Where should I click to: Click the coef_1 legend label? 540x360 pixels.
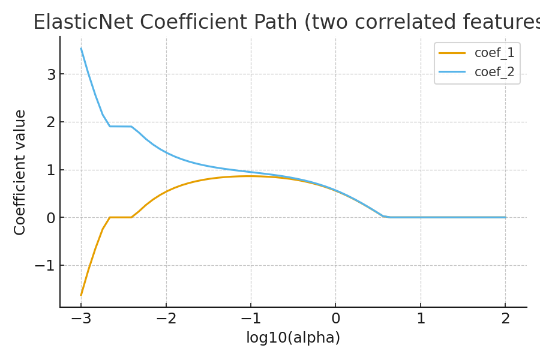tap(494, 53)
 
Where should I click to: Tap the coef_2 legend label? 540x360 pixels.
tap(494, 73)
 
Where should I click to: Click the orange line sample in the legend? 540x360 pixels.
tap(452, 53)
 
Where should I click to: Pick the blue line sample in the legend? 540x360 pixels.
tap(452, 73)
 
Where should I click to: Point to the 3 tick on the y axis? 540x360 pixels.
tap(51, 74)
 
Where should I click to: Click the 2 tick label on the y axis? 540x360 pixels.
tap(51, 122)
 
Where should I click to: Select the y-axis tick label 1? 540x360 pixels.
tap(51, 170)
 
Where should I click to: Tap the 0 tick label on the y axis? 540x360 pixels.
tap(51, 218)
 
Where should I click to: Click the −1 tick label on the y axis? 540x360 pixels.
tap(45, 265)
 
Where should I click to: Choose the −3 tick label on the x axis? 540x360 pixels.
tap(81, 319)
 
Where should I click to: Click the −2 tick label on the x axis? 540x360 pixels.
tap(166, 319)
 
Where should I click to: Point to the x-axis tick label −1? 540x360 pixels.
tap(251, 319)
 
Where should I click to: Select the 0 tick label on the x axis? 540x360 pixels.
tap(335, 319)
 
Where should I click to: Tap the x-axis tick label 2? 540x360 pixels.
tap(505, 319)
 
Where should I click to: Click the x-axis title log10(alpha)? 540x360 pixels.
tap(293, 338)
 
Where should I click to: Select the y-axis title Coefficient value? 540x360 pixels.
tap(20, 172)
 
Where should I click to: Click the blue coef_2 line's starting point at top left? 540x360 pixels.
tap(81, 49)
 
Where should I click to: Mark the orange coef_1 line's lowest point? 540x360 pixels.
tap(81, 295)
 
